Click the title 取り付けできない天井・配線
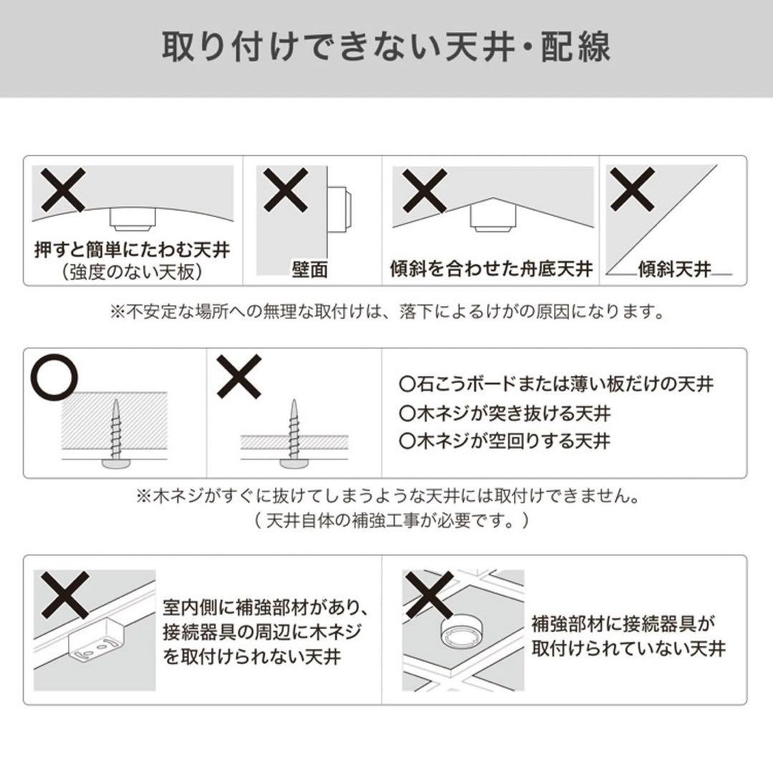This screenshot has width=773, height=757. tap(386, 47)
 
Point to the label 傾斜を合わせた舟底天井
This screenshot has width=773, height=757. tap(492, 269)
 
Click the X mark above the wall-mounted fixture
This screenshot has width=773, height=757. tap(286, 190)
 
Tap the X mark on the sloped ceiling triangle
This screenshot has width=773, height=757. tap(631, 189)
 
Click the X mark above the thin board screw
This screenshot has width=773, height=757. tap(239, 376)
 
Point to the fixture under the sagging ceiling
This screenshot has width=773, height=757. tap(130, 218)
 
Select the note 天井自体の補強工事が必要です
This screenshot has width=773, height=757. tap(392, 520)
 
